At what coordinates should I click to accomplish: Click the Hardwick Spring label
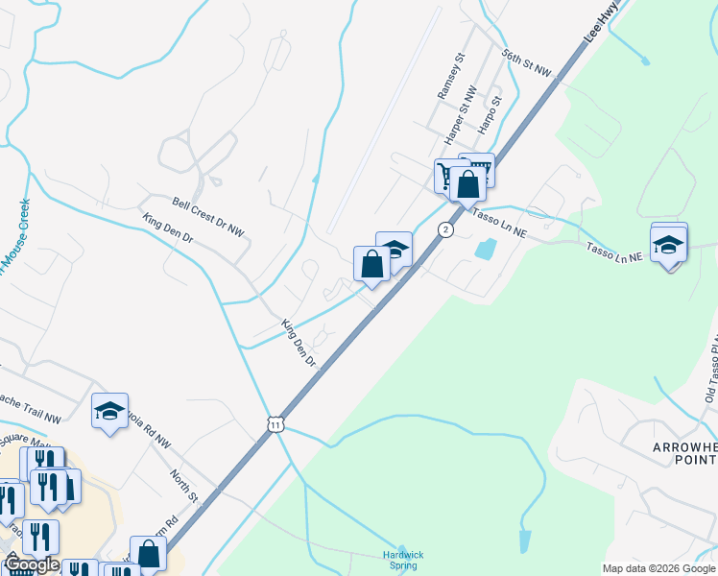coord(403,560)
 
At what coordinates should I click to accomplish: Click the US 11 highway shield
coord(275,424)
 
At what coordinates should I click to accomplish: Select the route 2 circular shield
coord(445,229)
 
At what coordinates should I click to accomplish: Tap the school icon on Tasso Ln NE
coord(669,243)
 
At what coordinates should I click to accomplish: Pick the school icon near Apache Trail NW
coord(110,411)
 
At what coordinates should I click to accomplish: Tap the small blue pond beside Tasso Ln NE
coord(485,248)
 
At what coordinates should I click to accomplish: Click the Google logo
coord(31,564)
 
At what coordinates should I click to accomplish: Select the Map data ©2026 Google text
coord(658,568)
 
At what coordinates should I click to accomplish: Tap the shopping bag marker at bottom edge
coord(148,554)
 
